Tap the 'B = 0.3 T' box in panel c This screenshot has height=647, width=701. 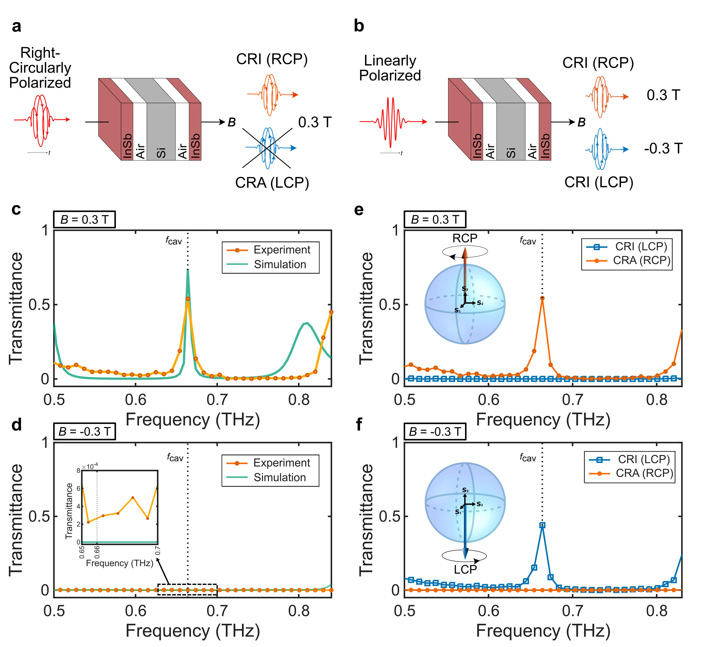click(x=84, y=219)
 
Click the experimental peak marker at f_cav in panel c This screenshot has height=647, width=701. click(x=188, y=299)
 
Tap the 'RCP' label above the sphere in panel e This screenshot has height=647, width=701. click(x=465, y=238)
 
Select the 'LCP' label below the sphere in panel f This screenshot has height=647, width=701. click(x=465, y=570)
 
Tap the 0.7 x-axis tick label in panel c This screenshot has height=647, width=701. click(x=217, y=400)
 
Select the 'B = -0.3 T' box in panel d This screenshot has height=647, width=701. click(x=84, y=431)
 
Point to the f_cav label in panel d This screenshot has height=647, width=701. click(x=175, y=457)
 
